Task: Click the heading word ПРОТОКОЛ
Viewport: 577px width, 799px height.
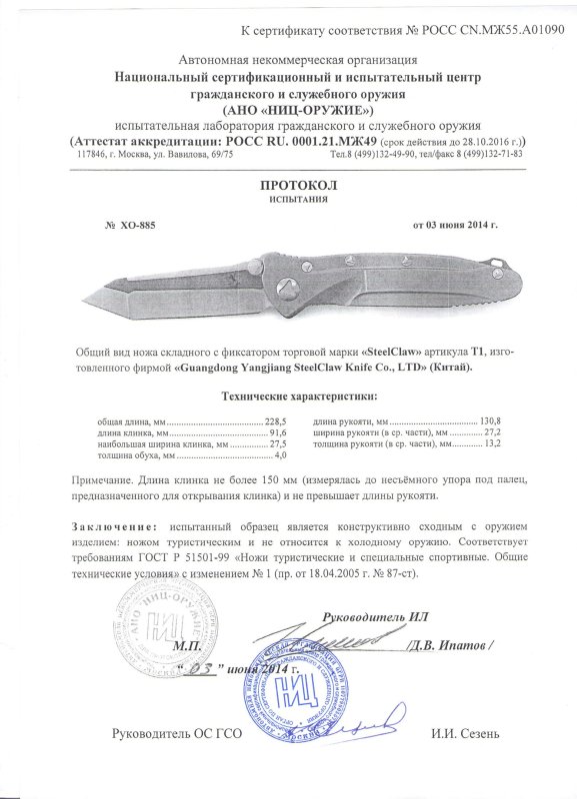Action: pos(288,187)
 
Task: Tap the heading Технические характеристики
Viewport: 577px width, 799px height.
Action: pos(288,398)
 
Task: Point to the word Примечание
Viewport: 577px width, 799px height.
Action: pos(109,481)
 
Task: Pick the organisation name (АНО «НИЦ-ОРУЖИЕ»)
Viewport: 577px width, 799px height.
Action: pos(288,109)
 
